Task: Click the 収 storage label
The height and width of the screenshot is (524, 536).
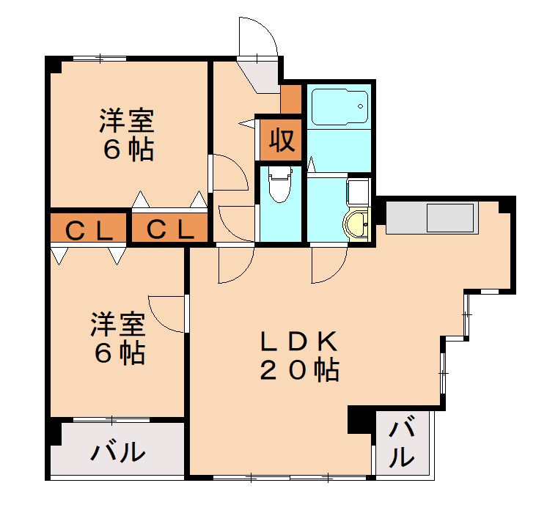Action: tap(279, 139)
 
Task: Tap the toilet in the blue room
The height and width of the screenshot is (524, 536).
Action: tap(279, 187)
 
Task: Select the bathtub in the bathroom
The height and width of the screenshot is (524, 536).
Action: tap(338, 107)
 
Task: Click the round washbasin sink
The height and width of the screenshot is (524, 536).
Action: tap(357, 225)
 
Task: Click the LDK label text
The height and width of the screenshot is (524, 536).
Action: tap(298, 342)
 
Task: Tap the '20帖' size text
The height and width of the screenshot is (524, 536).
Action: tap(298, 371)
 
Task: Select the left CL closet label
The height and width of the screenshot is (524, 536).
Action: tap(89, 230)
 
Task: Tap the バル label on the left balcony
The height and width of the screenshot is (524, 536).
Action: tap(117, 452)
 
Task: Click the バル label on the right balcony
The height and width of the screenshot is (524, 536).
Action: tap(400, 443)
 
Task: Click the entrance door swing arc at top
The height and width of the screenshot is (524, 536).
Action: tap(258, 37)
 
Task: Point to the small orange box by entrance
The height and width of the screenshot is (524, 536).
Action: tap(291, 100)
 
